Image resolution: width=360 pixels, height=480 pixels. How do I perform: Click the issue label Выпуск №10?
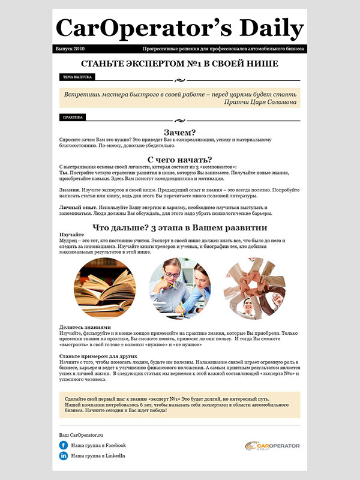[70, 49]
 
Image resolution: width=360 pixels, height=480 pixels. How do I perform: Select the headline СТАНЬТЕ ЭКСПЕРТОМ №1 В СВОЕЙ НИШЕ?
[179, 64]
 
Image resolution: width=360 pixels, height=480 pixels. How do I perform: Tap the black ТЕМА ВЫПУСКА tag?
[77, 77]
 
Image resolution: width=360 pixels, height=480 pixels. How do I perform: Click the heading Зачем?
[179, 133]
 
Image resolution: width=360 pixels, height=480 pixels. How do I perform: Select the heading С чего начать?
[179, 159]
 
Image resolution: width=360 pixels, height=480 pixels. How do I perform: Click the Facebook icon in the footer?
[63, 445]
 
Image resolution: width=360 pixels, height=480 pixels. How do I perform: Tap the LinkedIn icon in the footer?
[63, 457]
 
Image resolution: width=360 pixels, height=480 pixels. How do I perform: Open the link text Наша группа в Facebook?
[98, 445]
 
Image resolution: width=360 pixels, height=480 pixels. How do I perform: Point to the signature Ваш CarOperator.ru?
[82, 434]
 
